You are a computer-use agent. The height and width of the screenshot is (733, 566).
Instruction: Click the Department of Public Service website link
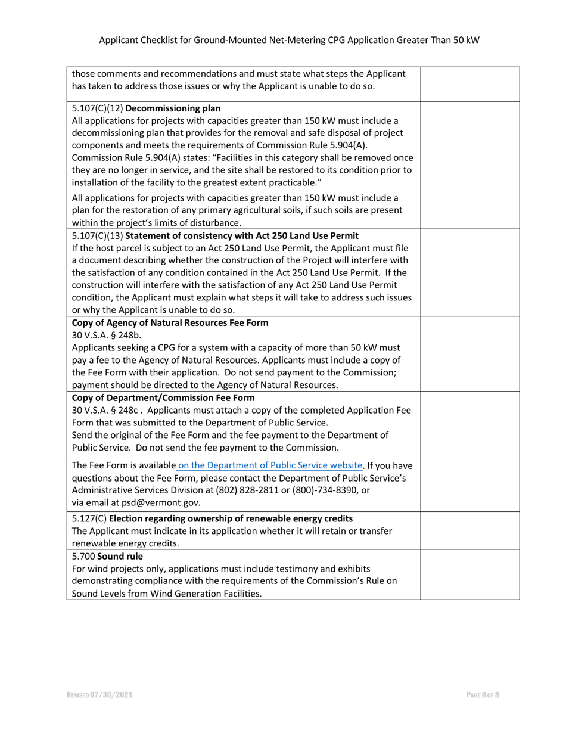coord(270,465)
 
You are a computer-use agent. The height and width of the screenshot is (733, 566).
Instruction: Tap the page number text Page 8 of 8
coord(483,695)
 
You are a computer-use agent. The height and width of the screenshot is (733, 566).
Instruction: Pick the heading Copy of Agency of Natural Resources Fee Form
coord(170,323)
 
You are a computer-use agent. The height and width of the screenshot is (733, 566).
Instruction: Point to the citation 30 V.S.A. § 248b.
coord(107,335)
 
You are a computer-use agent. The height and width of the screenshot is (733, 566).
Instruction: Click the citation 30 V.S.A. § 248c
coord(105,410)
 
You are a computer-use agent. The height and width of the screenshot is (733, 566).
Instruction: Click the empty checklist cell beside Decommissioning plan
coord(470,164)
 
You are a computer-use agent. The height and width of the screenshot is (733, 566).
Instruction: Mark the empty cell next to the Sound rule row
coord(470,574)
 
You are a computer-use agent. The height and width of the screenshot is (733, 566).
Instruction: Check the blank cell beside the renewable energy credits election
coord(470,530)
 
